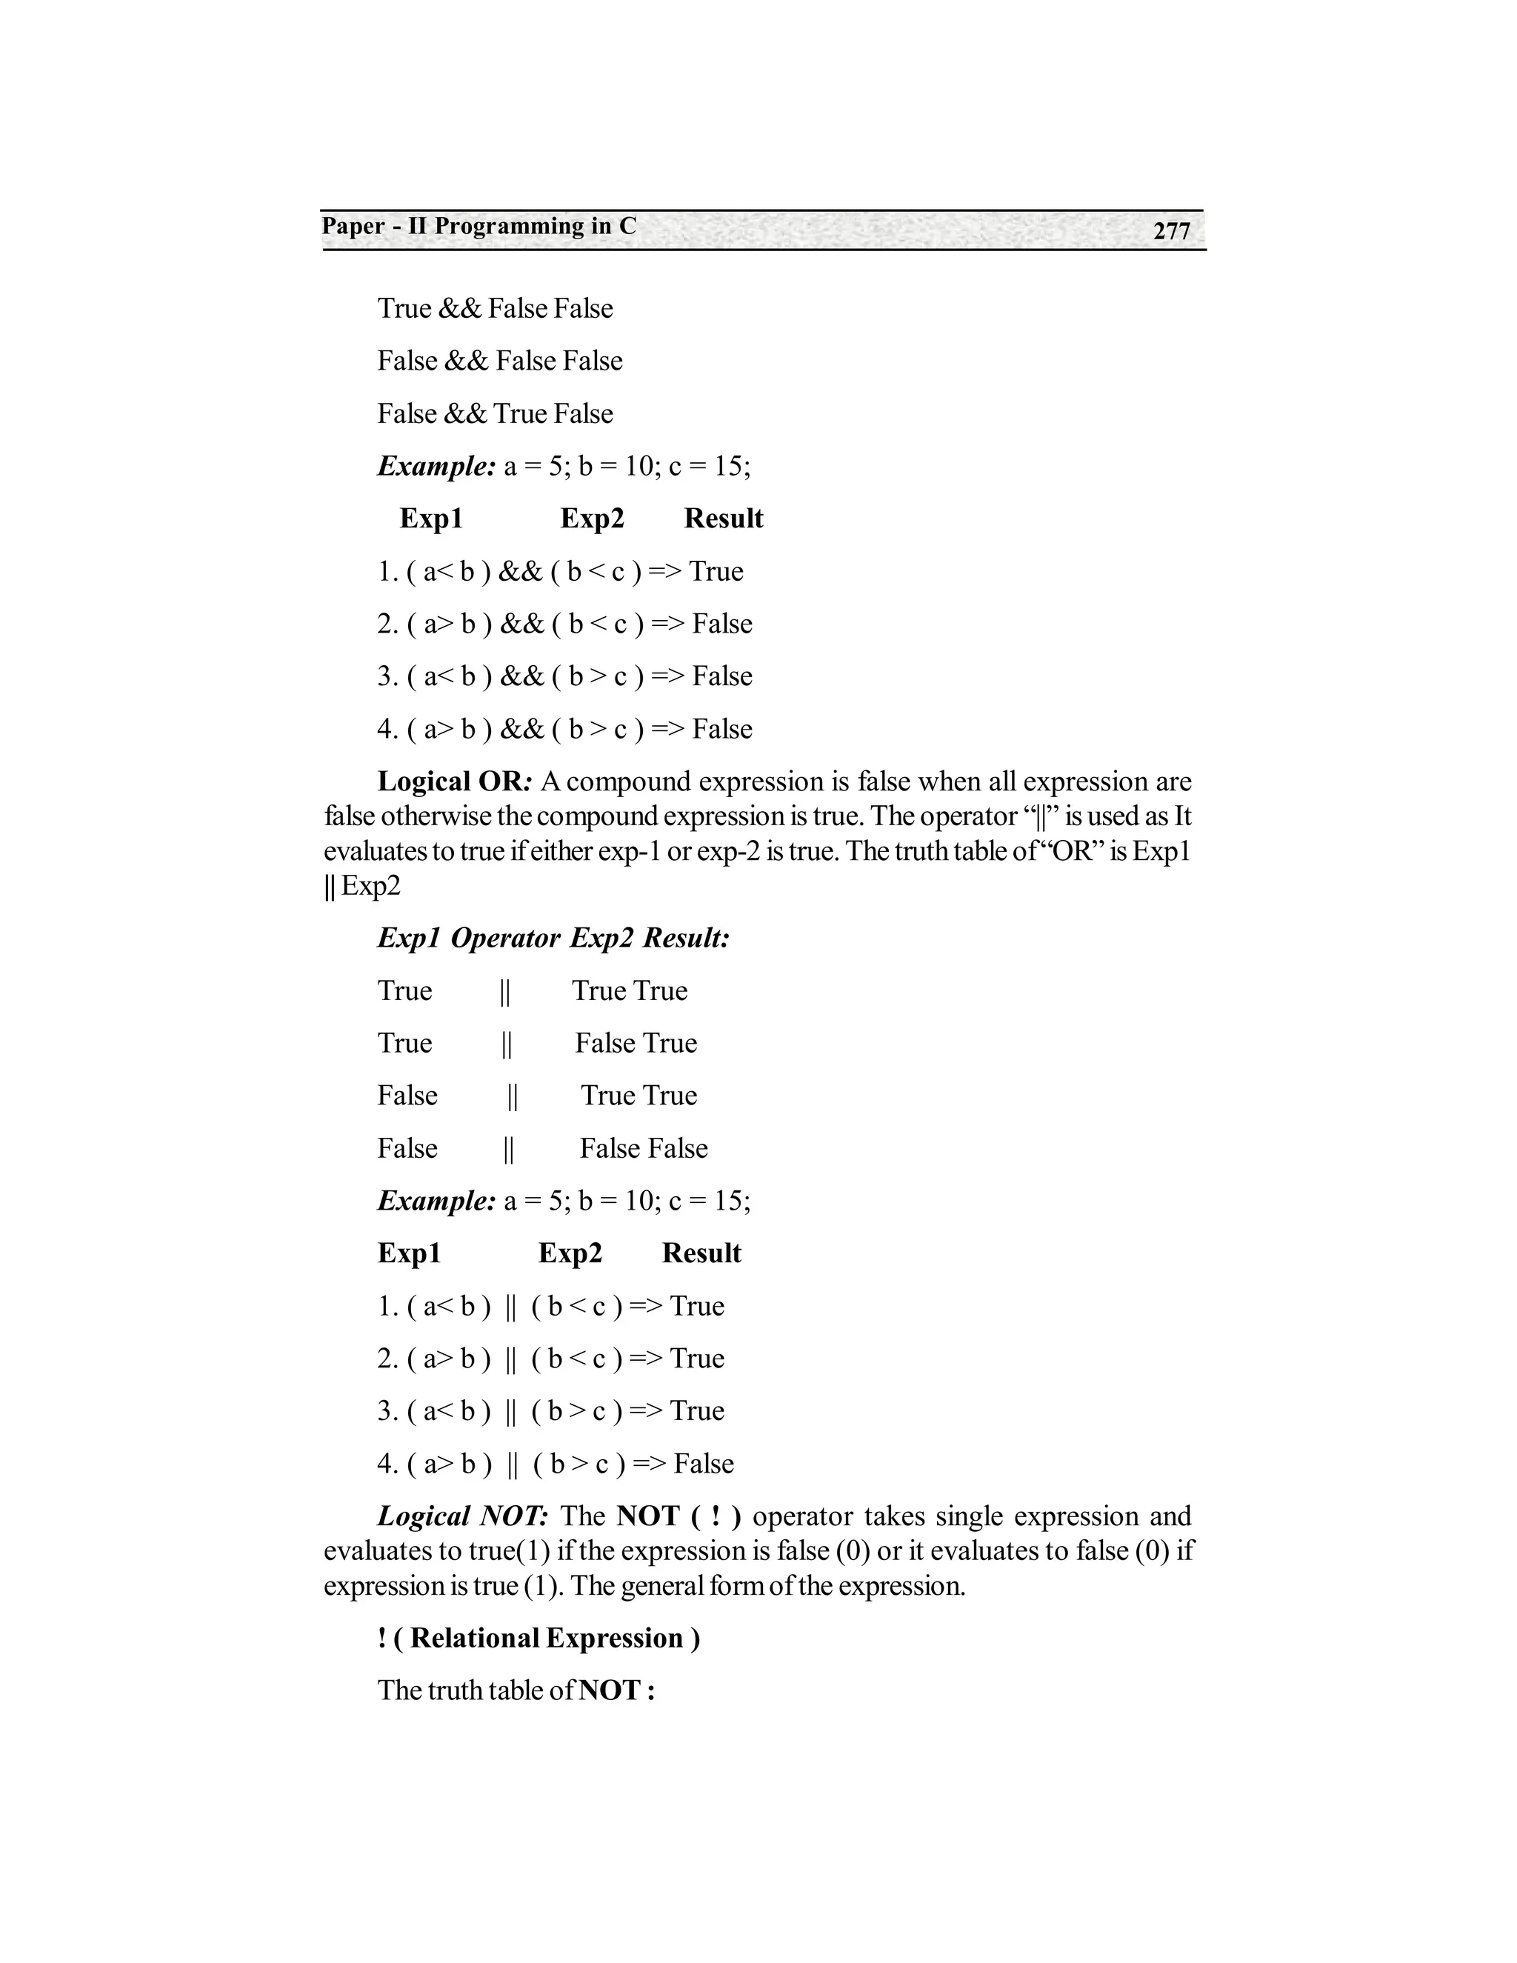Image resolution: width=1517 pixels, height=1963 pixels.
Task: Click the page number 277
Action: click(x=1171, y=231)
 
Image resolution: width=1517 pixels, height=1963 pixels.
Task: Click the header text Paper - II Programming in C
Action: click(x=479, y=227)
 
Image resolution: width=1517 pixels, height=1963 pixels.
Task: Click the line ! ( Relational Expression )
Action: click(x=539, y=1638)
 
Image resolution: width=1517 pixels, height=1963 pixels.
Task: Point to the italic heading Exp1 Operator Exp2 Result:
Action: click(x=553, y=939)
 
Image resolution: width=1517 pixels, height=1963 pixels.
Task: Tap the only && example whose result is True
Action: click(x=560, y=572)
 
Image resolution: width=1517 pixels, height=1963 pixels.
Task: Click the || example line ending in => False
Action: click(x=556, y=1463)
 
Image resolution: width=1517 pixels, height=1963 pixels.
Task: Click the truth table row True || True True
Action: click(x=532, y=990)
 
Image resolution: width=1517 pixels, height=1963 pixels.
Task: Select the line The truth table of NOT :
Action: click(x=516, y=1690)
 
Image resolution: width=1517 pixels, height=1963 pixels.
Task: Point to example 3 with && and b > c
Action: click(x=564, y=676)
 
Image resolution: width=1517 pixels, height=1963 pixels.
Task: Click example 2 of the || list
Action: click(x=550, y=1358)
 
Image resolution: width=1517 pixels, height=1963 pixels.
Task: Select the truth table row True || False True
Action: click(x=536, y=1043)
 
